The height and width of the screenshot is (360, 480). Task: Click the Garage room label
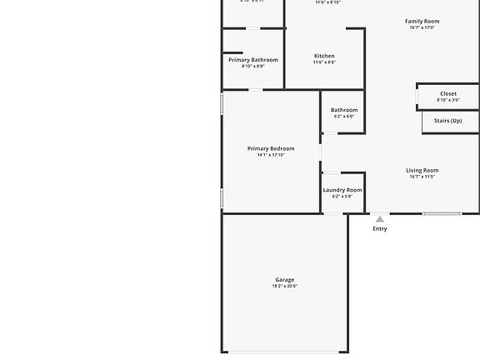point(285,280)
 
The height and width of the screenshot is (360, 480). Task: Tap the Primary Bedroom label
point(271,148)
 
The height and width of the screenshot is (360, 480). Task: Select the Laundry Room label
point(342,190)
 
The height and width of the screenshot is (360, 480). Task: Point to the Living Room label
point(422,170)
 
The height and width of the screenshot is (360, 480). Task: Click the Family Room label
point(422,21)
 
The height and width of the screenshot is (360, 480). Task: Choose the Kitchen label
point(324,56)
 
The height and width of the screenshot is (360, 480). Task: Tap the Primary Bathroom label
point(253,60)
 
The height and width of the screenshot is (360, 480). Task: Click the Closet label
point(448,94)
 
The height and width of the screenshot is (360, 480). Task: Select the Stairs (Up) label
point(448,121)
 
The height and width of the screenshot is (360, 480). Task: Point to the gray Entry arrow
point(380,219)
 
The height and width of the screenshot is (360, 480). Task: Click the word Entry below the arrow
point(380,228)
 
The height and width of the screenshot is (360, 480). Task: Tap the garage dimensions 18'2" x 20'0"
point(285,287)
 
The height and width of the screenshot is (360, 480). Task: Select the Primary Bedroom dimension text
point(271,155)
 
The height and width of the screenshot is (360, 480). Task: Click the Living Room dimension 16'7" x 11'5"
point(422,177)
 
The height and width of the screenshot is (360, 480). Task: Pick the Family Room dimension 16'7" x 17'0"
point(422,27)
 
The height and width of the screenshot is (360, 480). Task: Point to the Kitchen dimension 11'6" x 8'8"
point(324,62)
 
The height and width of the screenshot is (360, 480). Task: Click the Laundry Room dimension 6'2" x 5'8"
point(342,197)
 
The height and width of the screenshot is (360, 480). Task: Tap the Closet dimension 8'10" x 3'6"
point(448,100)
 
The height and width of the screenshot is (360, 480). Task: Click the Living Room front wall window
point(442,213)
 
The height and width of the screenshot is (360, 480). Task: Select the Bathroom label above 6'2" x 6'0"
point(344,110)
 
